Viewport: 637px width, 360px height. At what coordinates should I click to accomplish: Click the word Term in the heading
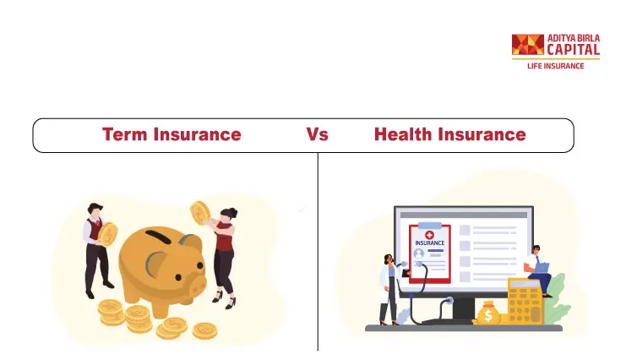pos(124,134)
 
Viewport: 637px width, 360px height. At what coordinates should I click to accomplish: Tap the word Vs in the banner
pos(317,134)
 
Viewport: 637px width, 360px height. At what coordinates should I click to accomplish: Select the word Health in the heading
pos(403,134)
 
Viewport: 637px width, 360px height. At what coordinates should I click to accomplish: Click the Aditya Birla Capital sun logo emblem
pos(528,44)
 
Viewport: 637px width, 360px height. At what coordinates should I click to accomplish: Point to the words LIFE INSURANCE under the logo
pos(555,66)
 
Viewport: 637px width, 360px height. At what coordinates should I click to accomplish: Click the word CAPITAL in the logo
pos(574,50)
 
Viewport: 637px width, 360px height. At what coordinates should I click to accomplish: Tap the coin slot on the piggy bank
pos(158,237)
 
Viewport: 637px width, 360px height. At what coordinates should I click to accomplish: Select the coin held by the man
pos(108,234)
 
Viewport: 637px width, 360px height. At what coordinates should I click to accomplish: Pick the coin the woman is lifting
pos(200,213)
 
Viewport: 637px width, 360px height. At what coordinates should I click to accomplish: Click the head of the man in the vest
pos(95,210)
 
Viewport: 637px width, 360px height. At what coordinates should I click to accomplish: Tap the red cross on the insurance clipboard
pos(429,235)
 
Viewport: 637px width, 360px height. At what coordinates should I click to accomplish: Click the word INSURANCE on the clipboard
pos(430,243)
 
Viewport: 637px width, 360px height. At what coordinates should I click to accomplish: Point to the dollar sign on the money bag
pos(488,315)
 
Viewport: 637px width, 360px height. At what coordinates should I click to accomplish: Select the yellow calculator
pos(525,301)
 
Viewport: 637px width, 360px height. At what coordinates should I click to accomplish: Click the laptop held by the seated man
pos(542,268)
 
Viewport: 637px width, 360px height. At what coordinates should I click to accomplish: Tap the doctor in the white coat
pos(388,289)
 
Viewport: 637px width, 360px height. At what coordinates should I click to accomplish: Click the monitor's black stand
pos(462,310)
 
